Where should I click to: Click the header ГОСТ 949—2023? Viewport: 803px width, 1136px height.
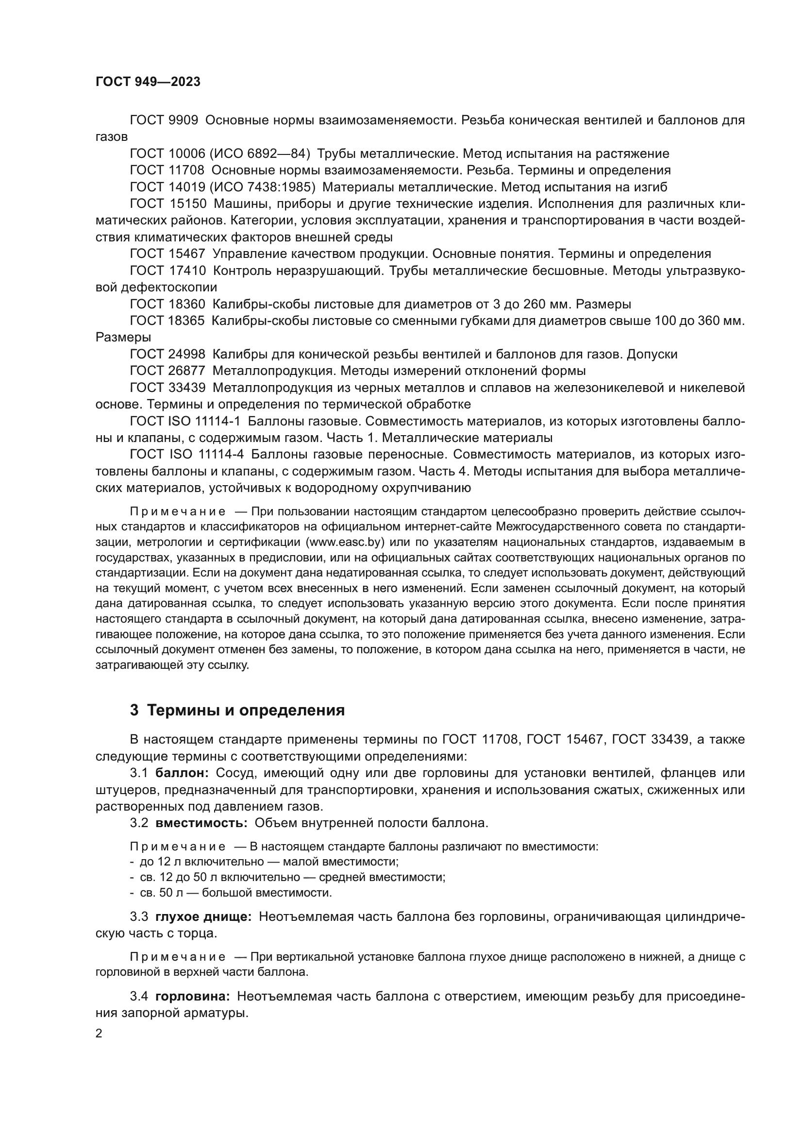click(x=148, y=82)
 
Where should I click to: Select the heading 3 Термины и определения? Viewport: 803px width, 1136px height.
click(x=237, y=711)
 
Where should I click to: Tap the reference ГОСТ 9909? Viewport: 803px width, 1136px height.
click(x=164, y=120)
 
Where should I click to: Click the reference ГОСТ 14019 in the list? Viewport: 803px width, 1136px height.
click(x=167, y=187)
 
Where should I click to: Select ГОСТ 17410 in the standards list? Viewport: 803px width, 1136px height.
click(x=167, y=271)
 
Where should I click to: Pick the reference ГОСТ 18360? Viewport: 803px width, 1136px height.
click(x=167, y=304)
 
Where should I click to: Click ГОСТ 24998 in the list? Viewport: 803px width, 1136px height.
click(x=167, y=354)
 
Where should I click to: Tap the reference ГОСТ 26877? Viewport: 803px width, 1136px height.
click(x=167, y=371)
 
